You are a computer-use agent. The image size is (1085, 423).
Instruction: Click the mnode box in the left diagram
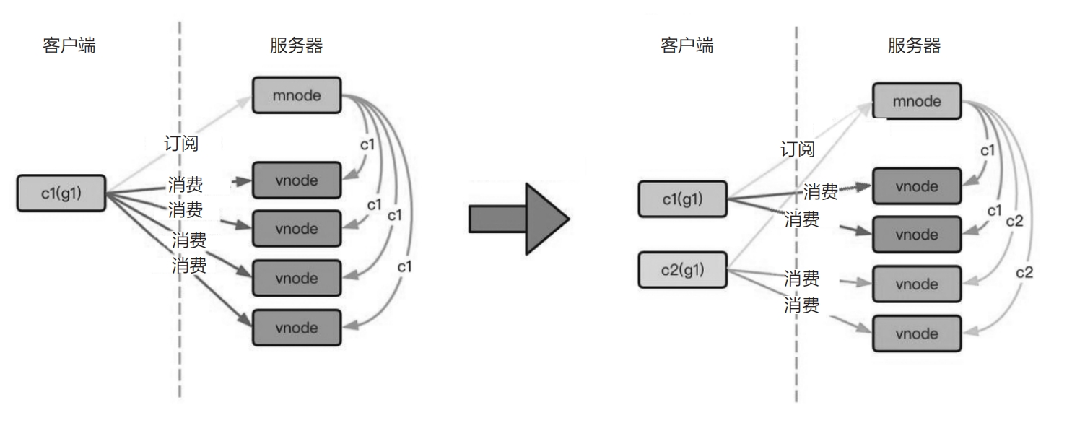tap(296, 95)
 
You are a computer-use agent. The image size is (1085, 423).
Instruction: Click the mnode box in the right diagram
tap(917, 101)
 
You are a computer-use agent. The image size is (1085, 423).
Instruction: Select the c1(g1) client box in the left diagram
tap(61, 193)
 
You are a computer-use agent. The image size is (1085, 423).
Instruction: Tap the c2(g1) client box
tap(681, 270)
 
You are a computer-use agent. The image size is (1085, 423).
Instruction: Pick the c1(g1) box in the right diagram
tap(681, 199)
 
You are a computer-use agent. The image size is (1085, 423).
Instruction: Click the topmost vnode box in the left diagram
tap(296, 180)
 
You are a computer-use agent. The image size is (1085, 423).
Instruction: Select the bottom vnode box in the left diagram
tap(296, 328)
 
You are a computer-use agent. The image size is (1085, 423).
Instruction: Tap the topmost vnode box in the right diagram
tap(917, 186)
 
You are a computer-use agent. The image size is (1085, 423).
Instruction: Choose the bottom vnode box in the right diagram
tap(917, 333)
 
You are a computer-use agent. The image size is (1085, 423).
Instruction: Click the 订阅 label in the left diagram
tap(181, 143)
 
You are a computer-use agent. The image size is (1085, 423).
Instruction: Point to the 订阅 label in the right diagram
tap(798, 149)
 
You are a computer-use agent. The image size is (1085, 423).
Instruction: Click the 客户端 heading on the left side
tap(69, 47)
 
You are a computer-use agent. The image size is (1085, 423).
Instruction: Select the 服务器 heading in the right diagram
tap(915, 47)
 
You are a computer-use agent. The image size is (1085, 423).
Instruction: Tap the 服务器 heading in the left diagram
tap(296, 47)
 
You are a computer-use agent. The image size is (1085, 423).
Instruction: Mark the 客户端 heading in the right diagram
tap(687, 47)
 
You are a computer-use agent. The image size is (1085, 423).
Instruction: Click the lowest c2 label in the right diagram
tap(1025, 272)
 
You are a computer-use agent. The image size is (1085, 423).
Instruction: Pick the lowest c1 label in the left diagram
tap(405, 266)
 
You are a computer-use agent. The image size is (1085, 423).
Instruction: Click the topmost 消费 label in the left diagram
tap(186, 184)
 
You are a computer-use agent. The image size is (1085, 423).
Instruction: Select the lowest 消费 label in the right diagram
tap(801, 305)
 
